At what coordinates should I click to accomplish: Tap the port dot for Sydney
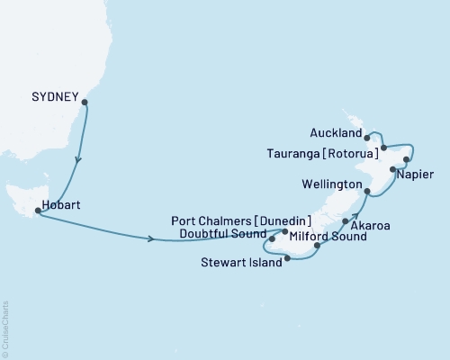coord(85,103)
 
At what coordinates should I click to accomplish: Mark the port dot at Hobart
coord(37,211)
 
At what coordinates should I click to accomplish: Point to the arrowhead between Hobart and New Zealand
coord(148,238)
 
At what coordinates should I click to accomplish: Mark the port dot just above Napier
coord(392,169)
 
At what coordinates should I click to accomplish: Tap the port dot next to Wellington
coord(366,191)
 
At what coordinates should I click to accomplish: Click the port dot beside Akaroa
coord(346,220)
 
